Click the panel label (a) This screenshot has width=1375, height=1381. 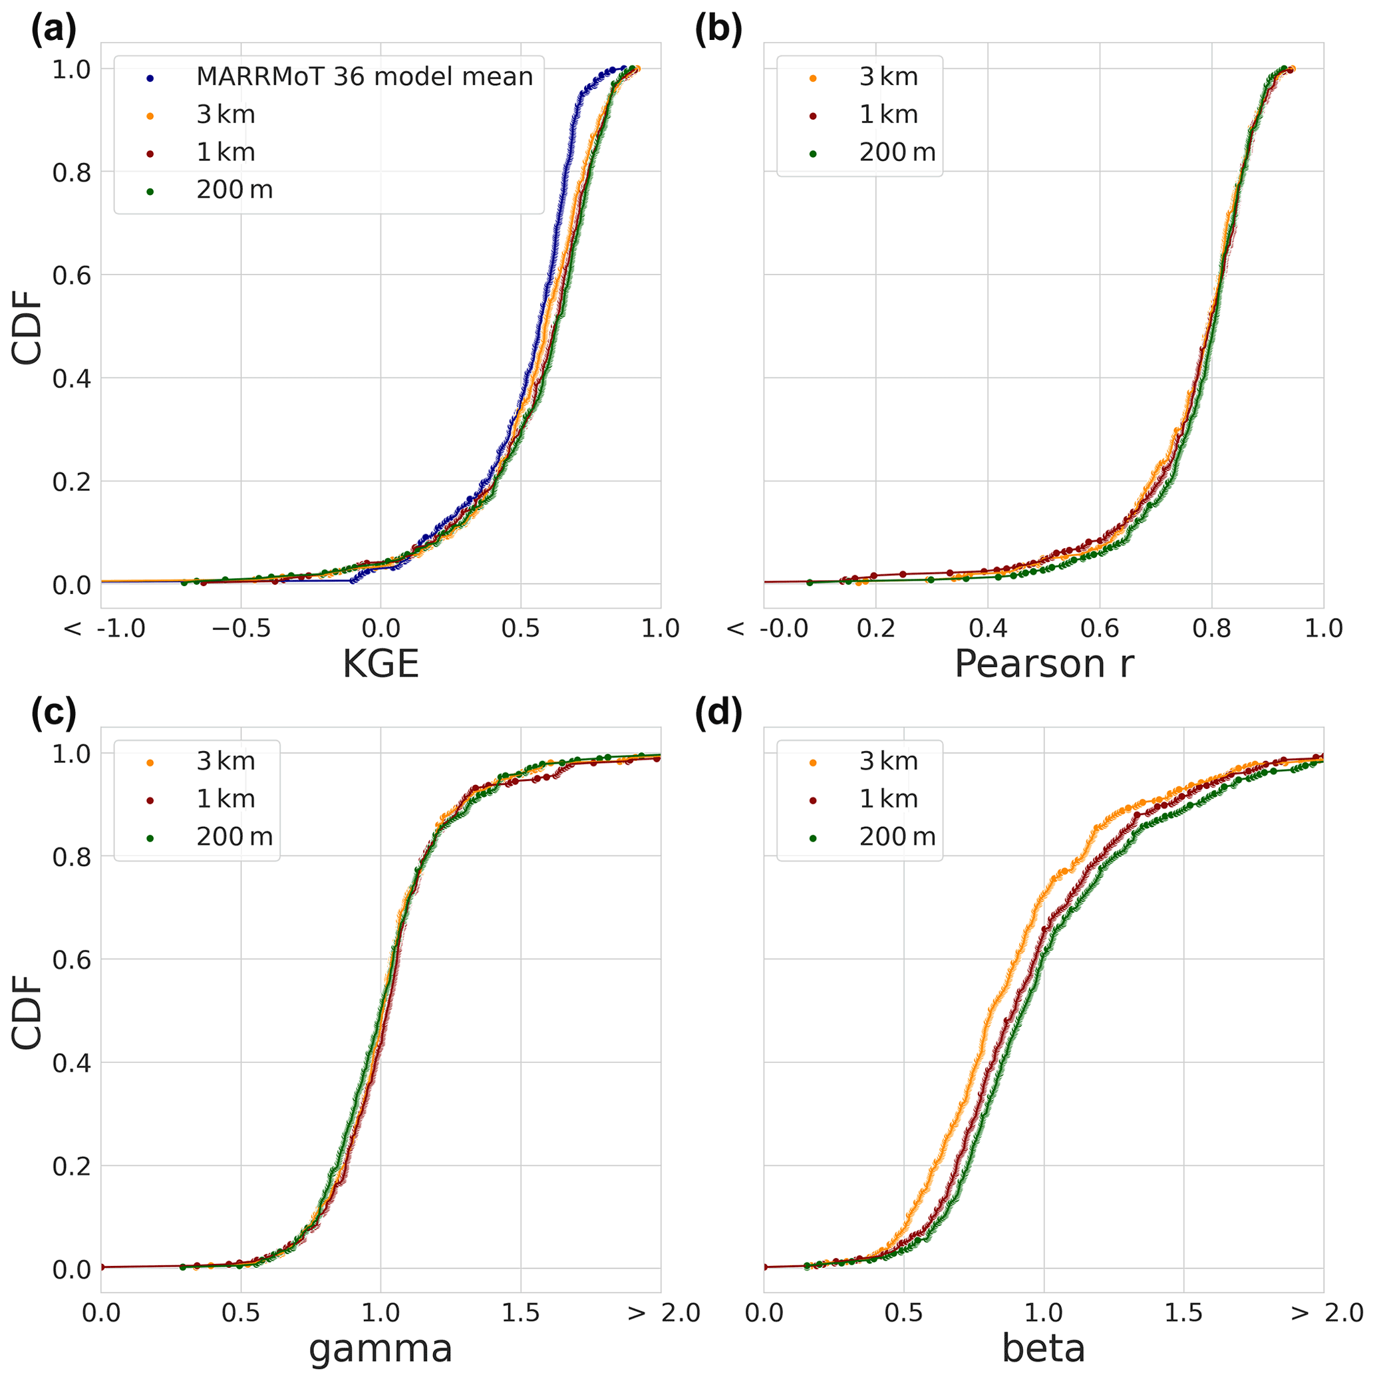pos(53,30)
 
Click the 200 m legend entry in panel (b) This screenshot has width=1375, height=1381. pos(897,152)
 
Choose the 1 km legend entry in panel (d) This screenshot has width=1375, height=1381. pos(888,799)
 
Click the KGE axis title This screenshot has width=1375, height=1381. pos(381,664)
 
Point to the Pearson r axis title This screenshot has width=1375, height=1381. pos(1044,664)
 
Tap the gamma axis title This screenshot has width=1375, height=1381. pos(381,1349)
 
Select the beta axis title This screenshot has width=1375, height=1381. pos(1044,1349)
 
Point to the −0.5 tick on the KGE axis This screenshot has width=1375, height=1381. pos(240,629)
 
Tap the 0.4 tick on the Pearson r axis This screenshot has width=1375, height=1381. pos(988,629)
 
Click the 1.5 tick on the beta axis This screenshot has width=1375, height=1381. pos(1183,1314)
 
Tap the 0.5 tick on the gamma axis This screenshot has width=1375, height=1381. pos(240,1314)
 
